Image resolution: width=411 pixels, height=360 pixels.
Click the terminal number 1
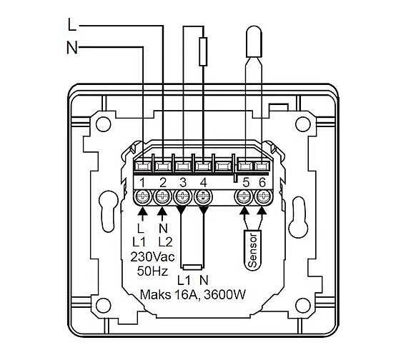tap(142, 182)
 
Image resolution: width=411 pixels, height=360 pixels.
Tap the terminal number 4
tap(204, 182)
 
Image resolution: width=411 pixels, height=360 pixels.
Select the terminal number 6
tap(262, 182)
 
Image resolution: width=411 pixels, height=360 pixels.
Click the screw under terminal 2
tap(162, 196)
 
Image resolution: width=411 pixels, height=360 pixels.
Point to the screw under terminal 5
tap(244, 196)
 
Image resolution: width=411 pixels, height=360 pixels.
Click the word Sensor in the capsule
tap(253, 251)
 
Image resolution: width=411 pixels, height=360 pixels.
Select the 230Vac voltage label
tap(152, 257)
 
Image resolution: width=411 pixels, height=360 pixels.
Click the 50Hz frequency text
tap(152, 271)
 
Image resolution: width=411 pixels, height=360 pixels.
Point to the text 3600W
tap(225, 295)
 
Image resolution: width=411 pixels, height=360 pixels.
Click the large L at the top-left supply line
tap(72, 24)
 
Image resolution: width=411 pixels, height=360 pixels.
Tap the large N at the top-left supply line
tap(72, 47)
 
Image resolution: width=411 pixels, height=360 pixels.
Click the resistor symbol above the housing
tap(204, 51)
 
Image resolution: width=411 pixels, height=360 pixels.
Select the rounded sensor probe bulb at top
tap(254, 41)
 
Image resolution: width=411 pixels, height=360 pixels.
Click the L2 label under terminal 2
tap(165, 242)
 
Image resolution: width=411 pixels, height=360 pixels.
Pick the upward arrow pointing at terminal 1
tap(142, 214)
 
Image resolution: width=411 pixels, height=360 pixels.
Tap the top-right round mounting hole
tap(303, 124)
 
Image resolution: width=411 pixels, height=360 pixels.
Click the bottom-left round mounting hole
tap(103, 306)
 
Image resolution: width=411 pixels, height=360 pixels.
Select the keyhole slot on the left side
tap(107, 211)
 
